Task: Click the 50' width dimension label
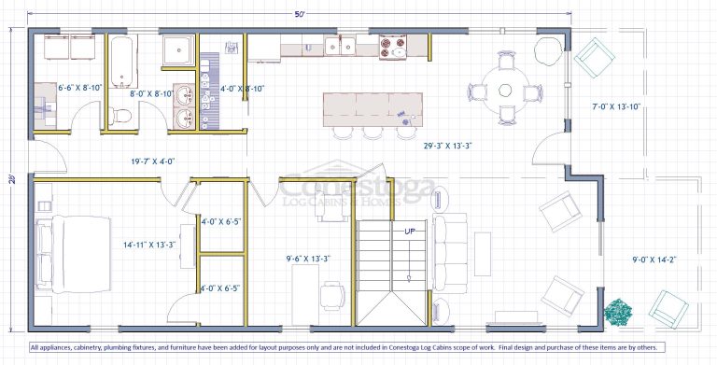point(300,14)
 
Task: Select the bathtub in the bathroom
point(122,62)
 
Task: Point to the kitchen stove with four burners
point(393,47)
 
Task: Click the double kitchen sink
point(340,46)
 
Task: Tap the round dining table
point(505,91)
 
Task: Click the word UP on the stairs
point(409,232)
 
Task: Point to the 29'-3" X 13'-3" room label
point(447,146)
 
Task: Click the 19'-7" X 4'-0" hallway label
point(152,161)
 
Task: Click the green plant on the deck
point(618,312)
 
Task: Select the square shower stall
point(179,49)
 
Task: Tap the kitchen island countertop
point(373,110)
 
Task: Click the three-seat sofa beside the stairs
point(450,253)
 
